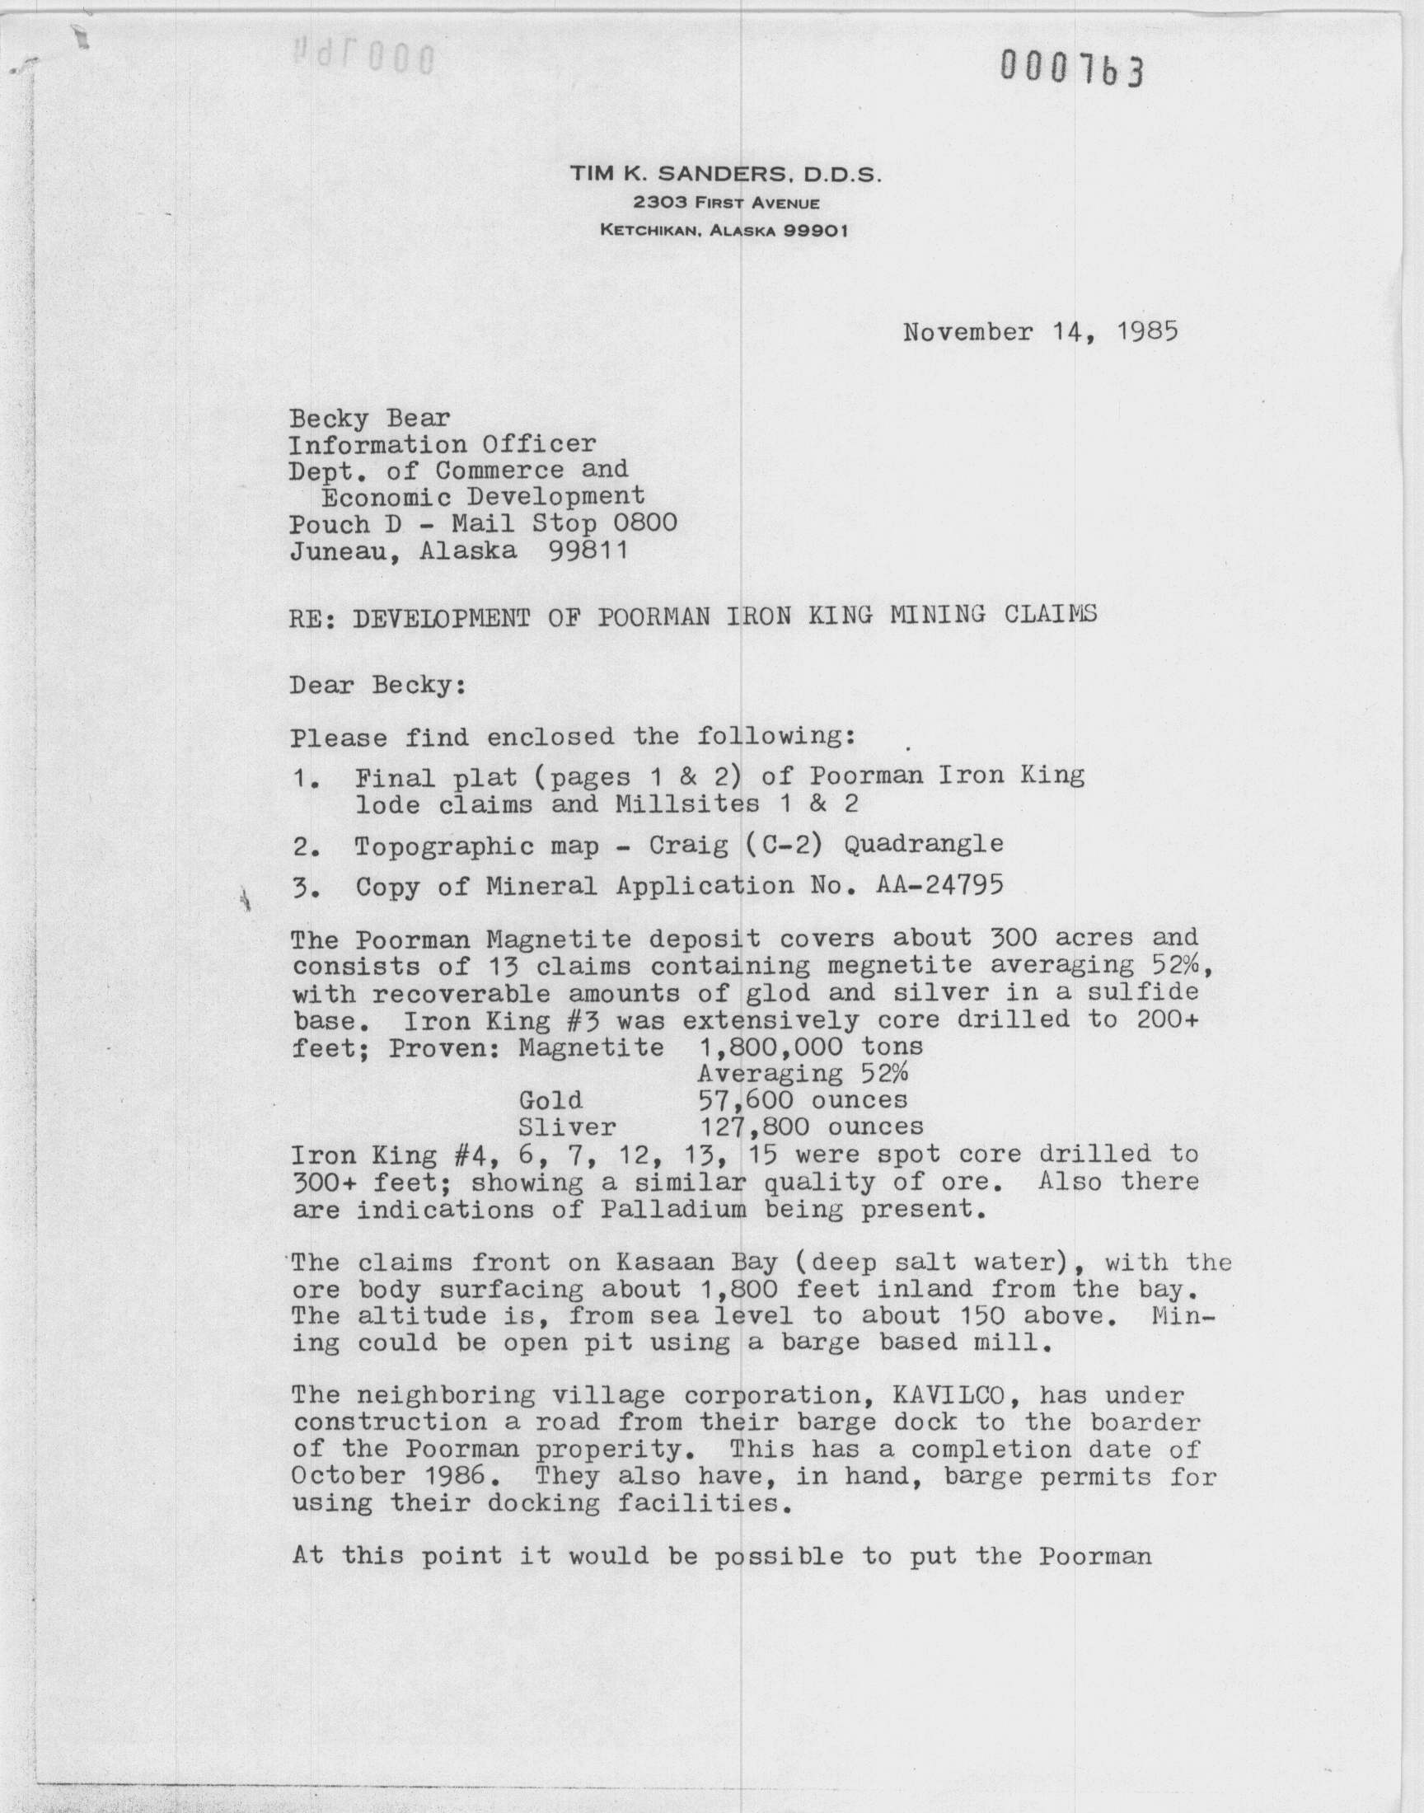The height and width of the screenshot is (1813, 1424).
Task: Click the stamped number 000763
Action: tap(1071, 68)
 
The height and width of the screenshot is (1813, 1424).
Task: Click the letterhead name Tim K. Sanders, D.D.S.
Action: tap(724, 174)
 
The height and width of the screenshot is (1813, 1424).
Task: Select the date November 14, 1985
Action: tap(1040, 333)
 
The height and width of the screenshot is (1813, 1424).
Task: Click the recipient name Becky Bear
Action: tap(369, 418)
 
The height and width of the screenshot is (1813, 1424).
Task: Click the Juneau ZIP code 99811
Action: tap(588, 551)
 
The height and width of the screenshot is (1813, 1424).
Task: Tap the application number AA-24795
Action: tap(939, 884)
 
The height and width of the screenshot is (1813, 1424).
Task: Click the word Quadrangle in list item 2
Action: tap(923, 845)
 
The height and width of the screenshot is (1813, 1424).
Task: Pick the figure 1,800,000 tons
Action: tap(809, 1046)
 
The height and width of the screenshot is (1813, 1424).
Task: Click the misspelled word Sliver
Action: tap(567, 1127)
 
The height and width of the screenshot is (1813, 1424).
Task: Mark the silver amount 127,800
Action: tap(755, 1127)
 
